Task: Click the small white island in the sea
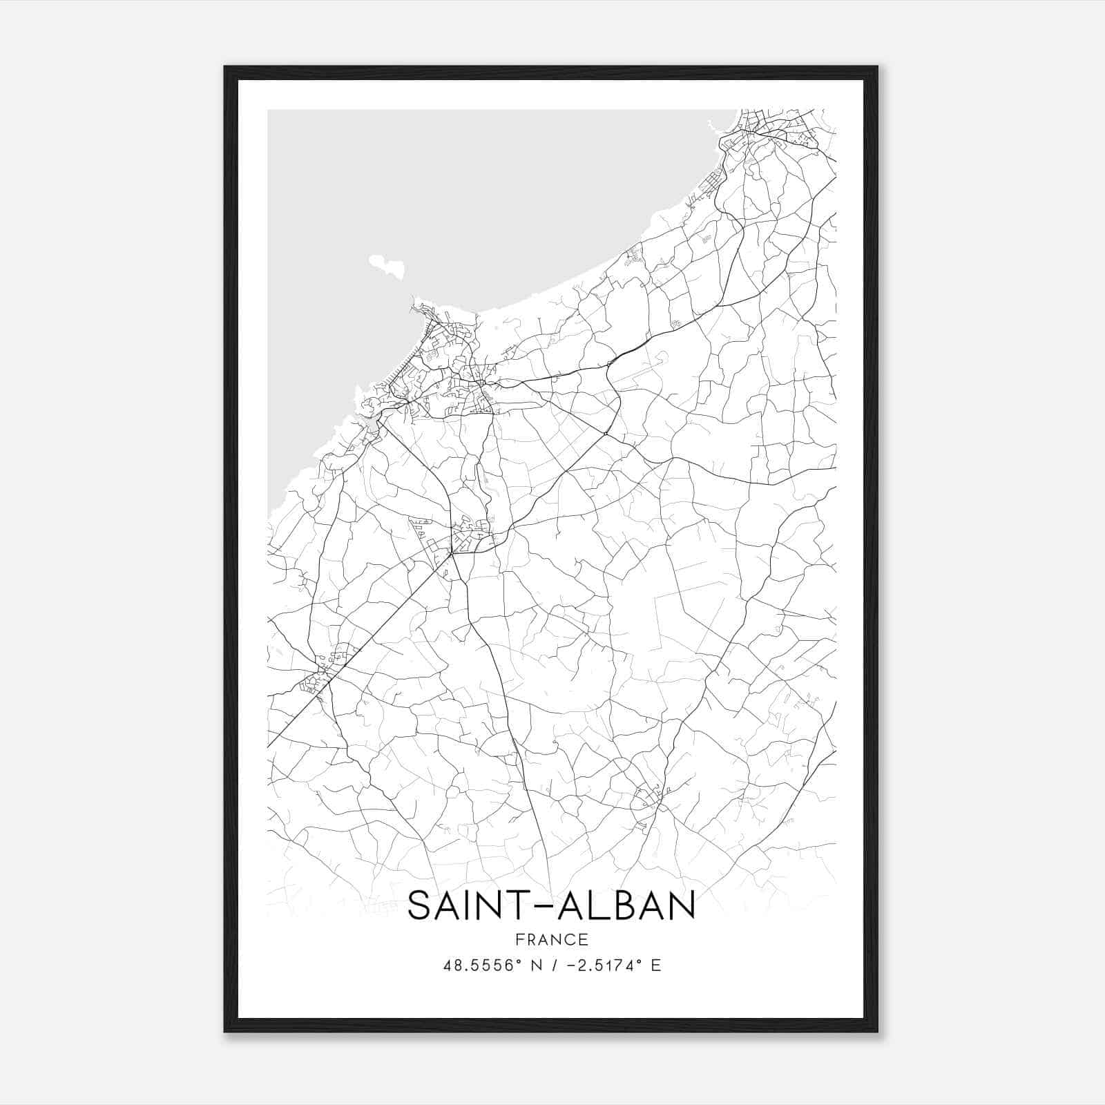pyautogui.click(x=387, y=266)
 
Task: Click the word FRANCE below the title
pyautogui.click(x=551, y=939)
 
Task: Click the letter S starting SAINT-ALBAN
pyautogui.click(x=421, y=905)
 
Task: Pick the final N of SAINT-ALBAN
pyautogui.click(x=680, y=905)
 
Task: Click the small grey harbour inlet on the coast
pyautogui.click(x=369, y=423)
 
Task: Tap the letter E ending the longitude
pyautogui.click(x=656, y=965)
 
